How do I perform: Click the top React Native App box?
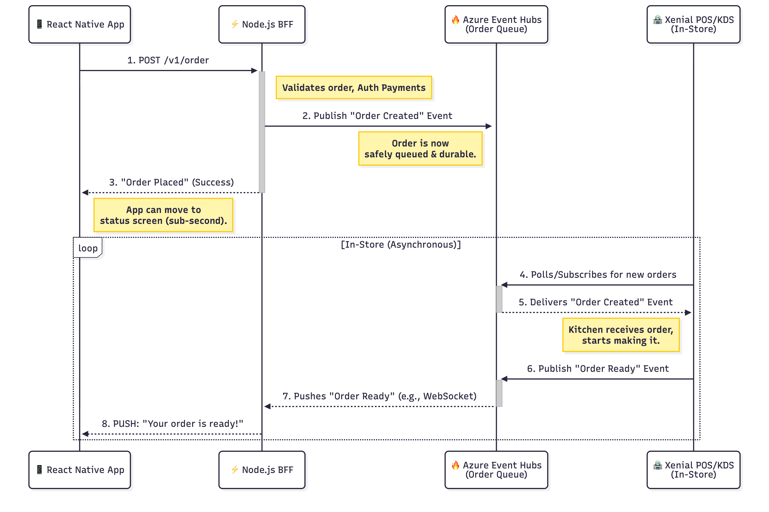(x=79, y=24)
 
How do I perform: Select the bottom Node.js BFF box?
(x=262, y=470)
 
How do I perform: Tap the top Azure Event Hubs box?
(x=496, y=24)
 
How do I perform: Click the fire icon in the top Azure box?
(x=455, y=19)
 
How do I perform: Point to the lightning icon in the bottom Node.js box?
(x=235, y=470)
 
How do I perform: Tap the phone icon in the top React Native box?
(x=39, y=24)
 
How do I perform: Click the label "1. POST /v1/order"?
(x=168, y=60)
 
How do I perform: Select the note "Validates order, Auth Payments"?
(x=353, y=87)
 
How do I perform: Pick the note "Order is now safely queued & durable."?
(x=420, y=148)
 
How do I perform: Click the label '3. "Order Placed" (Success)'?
(x=171, y=182)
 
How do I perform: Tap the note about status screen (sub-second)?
(x=163, y=215)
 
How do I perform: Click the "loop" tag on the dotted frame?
(x=87, y=248)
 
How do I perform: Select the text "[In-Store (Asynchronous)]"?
(x=400, y=244)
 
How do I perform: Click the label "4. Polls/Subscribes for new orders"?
(x=597, y=275)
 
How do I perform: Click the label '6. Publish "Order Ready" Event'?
(x=597, y=369)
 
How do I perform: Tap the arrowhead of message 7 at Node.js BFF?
(x=268, y=406)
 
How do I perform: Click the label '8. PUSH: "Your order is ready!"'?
(x=172, y=423)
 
